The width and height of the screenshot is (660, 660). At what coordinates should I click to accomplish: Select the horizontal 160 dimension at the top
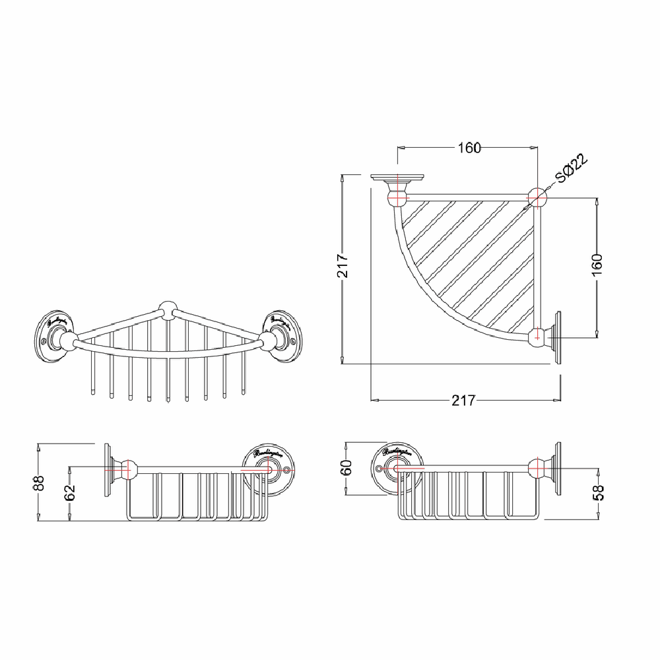469,147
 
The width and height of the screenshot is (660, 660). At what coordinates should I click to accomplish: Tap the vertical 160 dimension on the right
597,263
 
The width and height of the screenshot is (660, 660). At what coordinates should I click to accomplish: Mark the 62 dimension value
70,492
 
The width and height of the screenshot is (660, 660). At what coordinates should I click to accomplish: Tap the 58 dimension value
599,492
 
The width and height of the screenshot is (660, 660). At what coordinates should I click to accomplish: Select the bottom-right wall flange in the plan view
557,336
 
